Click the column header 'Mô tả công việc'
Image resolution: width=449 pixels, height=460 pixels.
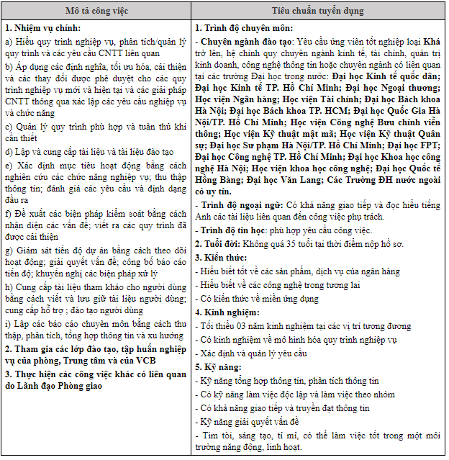(96, 12)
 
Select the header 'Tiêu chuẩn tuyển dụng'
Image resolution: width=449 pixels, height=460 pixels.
(318, 12)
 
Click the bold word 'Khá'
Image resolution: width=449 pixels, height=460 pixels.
(430, 42)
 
